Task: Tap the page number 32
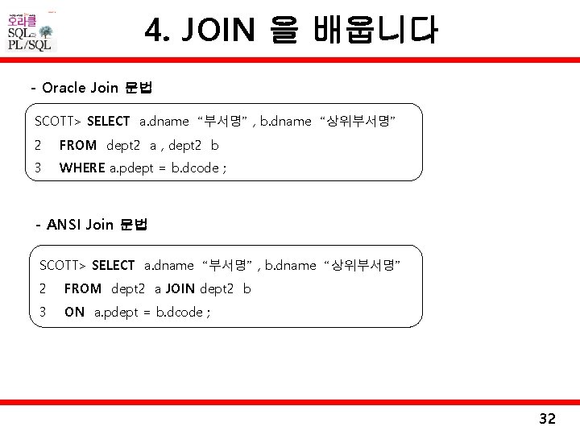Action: (x=547, y=418)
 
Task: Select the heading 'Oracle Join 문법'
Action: (x=97, y=87)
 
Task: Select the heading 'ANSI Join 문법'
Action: (x=97, y=225)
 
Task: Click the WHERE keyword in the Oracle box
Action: (x=82, y=168)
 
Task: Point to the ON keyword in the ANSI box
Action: (x=74, y=312)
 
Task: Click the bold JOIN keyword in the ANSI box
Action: (x=181, y=288)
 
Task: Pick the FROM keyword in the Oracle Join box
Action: (x=78, y=145)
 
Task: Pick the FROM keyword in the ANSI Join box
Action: (x=83, y=288)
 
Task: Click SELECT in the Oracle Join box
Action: (x=108, y=122)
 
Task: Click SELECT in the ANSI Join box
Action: (x=114, y=265)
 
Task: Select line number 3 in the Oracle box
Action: (x=38, y=168)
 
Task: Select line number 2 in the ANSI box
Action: (x=43, y=288)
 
